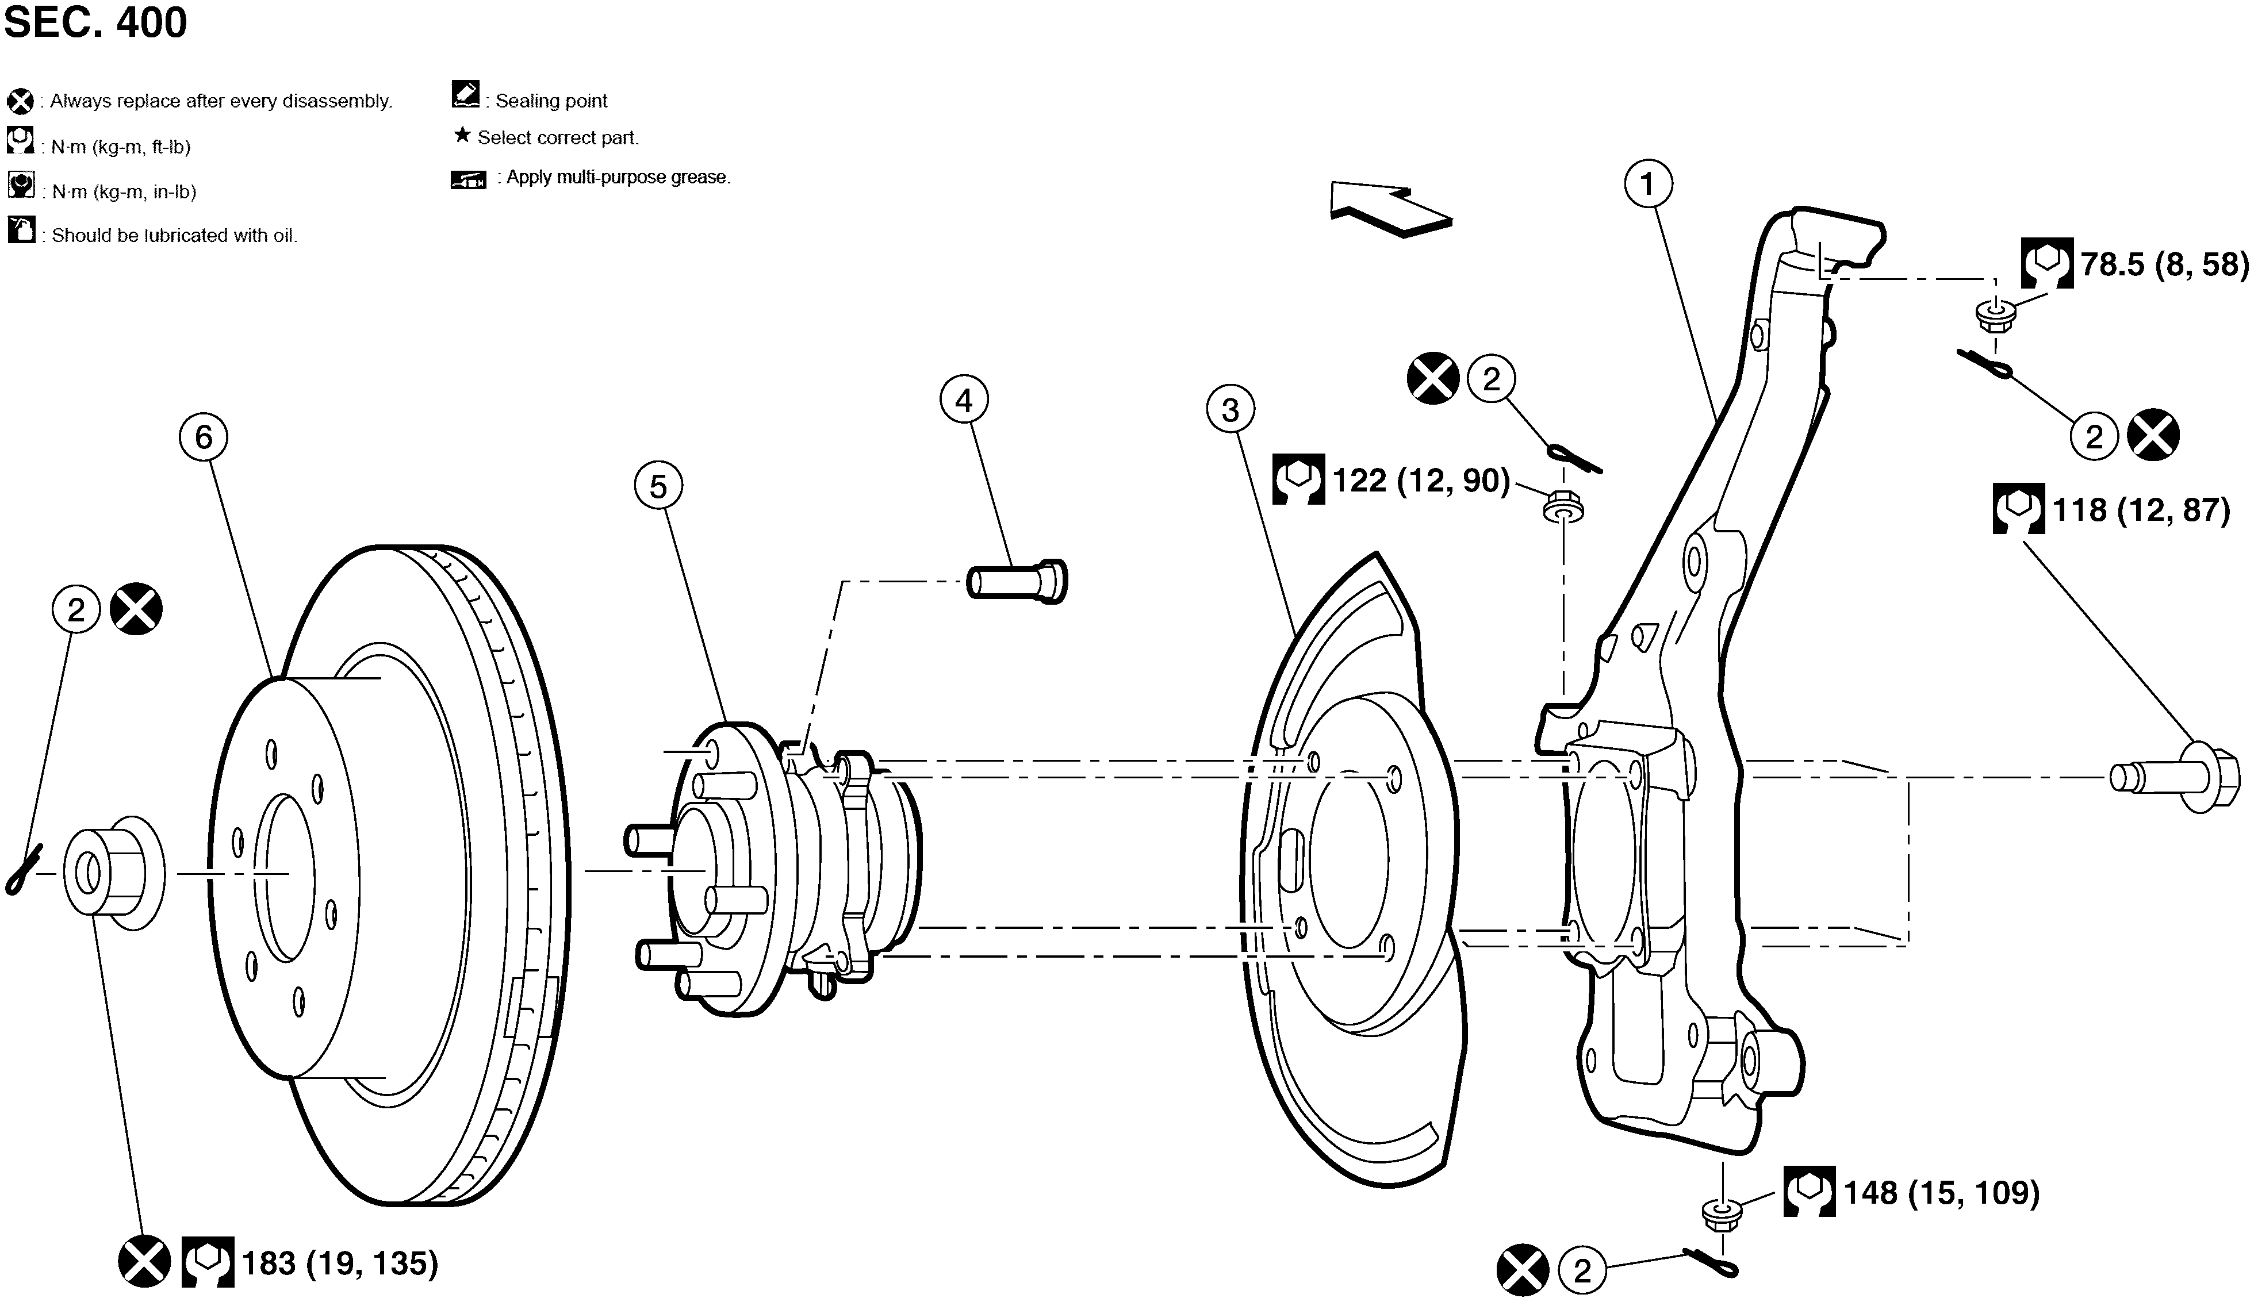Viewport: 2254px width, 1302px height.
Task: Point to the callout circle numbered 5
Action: (658, 486)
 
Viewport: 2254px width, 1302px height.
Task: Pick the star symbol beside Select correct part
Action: (462, 135)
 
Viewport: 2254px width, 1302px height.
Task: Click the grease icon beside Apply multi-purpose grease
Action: (468, 180)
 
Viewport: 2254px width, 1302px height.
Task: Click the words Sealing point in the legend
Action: (551, 101)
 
